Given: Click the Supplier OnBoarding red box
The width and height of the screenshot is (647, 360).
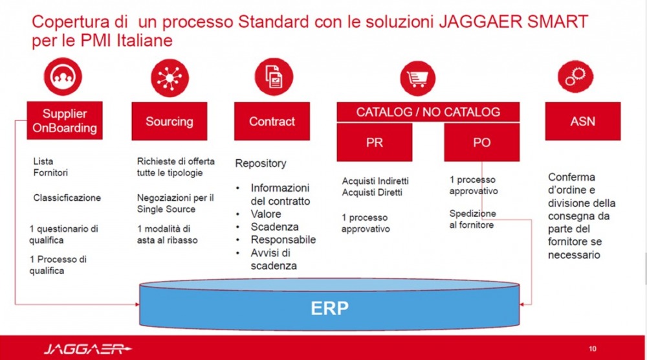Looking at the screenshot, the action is [x=65, y=120].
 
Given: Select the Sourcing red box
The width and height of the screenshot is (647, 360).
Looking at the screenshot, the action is [x=170, y=121].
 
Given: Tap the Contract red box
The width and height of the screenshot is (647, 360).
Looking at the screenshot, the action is [x=272, y=121].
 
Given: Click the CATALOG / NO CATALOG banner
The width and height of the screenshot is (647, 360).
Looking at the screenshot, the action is [x=428, y=112].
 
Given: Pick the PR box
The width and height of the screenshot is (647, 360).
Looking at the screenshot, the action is [x=374, y=142].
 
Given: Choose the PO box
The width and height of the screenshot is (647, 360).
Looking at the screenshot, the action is [x=481, y=142].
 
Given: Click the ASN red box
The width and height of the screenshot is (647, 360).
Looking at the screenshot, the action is [x=583, y=121].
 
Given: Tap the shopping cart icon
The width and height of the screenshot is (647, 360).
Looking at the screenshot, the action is [x=417, y=78].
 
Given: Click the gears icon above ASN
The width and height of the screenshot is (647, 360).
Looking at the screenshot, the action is [x=575, y=76].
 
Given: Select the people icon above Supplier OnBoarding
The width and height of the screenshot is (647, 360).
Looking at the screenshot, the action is [x=63, y=76].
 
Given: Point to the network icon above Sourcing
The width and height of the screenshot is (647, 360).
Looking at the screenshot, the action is [x=170, y=78].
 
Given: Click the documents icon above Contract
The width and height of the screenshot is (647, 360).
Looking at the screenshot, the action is [x=274, y=77].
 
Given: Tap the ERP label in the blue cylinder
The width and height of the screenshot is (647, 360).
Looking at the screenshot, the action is [x=329, y=308].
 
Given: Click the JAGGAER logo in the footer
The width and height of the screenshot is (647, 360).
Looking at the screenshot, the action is [x=87, y=349].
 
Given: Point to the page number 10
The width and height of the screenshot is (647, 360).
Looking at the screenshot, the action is [x=593, y=349].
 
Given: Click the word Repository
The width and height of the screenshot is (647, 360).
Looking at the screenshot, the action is [x=261, y=163].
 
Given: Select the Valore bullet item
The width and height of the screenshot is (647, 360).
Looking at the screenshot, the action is [x=266, y=214].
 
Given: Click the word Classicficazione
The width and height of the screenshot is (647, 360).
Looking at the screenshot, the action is [x=67, y=197].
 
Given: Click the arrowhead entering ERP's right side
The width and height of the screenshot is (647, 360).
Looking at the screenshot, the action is [x=521, y=304].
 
